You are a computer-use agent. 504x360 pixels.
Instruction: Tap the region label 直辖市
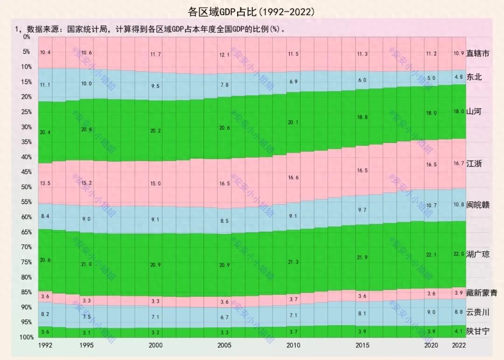click(478, 54)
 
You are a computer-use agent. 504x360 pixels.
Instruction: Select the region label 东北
click(474, 77)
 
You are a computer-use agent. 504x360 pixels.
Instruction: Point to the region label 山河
click(474, 111)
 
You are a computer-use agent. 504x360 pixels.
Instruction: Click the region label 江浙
click(474, 164)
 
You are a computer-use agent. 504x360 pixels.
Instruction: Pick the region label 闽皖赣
click(478, 205)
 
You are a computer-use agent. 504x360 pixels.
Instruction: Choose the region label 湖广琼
click(478, 254)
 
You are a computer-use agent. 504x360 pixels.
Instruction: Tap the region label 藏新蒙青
click(482, 293)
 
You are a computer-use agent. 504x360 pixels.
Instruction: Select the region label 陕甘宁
click(478, 332)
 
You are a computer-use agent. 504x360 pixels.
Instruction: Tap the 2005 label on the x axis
click(224, 346)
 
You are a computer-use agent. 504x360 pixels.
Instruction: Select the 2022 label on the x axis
click(459, 346)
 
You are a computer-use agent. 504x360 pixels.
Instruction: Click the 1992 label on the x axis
click(45, 346)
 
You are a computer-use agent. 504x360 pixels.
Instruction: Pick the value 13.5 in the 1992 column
click(45, 183)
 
